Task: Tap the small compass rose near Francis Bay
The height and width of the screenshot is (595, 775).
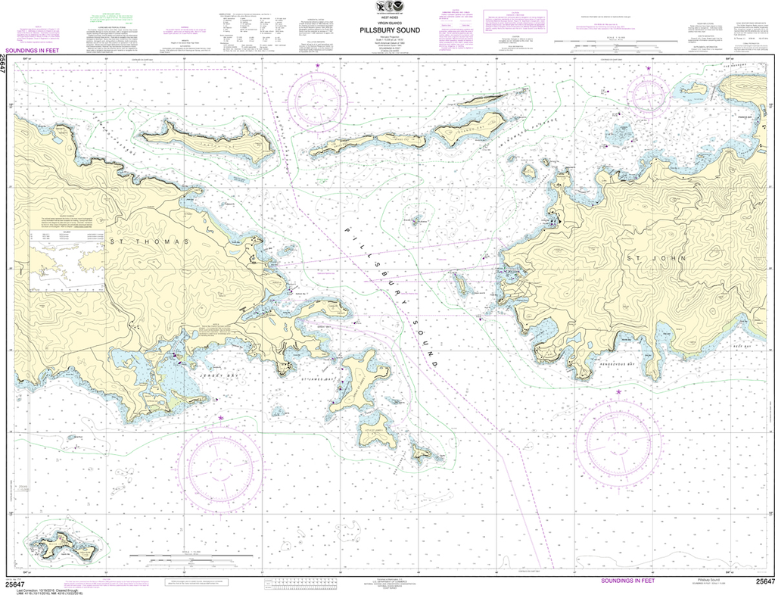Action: [648, 92]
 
